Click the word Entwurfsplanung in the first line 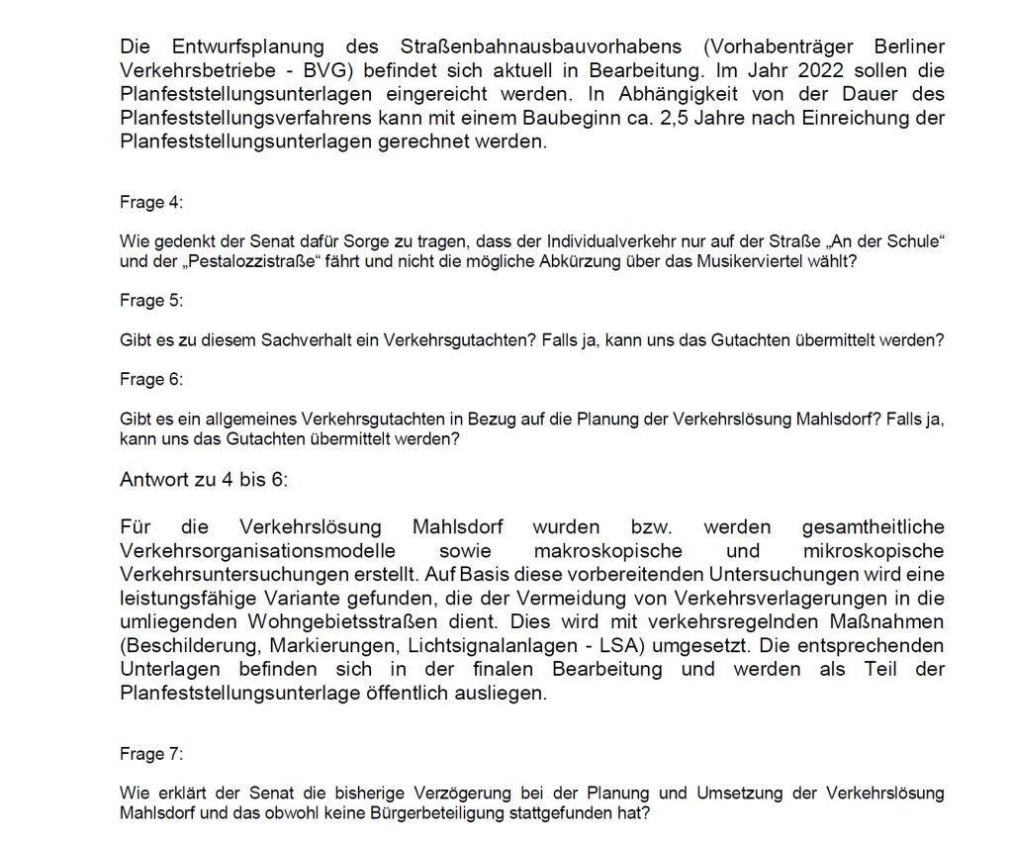tap(241, 47)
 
